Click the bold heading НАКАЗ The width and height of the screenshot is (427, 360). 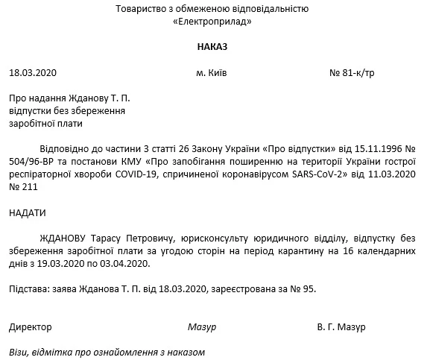(212, 47)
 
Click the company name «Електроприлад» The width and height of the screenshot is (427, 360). (212, 22)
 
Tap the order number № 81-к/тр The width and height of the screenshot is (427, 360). (352, 73)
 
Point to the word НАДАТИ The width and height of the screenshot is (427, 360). (28, 213)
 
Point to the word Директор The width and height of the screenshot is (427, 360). (31, 327)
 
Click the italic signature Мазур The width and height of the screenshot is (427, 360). (202, 327)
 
